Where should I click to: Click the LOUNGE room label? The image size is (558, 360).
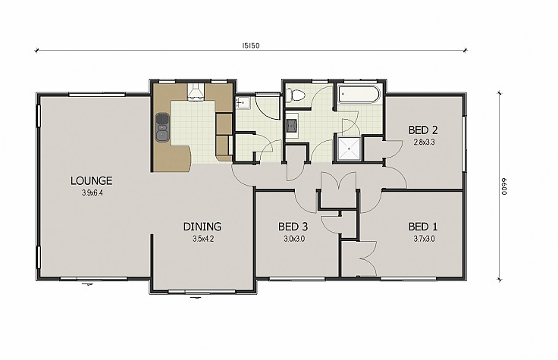pos(92,180)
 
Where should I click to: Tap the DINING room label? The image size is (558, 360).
pos(202,227)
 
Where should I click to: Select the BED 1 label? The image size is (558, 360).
pos(423,227)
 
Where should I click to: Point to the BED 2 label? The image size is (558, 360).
pos(423,130)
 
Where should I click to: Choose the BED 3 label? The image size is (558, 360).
pos(293,227)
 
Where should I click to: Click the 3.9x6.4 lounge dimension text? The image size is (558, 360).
pos(92,193)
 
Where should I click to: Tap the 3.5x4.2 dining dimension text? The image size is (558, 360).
pos(203,239)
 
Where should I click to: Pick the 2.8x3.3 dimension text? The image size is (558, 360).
pos(425,142)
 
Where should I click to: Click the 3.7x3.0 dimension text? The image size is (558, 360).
pos(425,239)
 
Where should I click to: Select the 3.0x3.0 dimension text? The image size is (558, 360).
pos(294,239)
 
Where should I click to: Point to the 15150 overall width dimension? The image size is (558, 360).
pos(251,45)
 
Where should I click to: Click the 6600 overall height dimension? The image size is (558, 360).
pos(504,186)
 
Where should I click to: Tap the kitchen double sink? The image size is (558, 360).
pos(162,127)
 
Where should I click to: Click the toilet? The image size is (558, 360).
pos(296,95)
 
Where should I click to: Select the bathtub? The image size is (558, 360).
pos(359,94)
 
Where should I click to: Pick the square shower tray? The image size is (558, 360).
pos(349,148)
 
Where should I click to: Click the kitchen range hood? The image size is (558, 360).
pos(196,92)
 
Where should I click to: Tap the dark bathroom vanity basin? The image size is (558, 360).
pos(293,125)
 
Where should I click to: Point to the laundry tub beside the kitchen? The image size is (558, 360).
pos(243,102)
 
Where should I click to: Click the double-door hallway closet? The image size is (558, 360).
pos(338,189)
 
